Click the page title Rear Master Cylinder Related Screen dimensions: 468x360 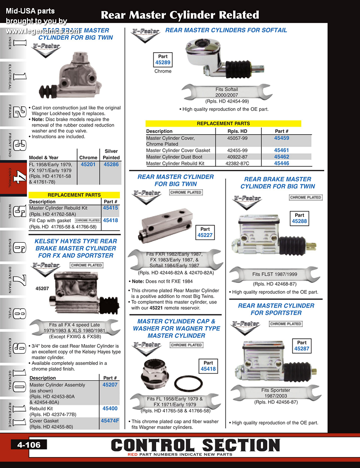pyautogui.click(x=180, y=15)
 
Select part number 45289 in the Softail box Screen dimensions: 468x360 pyautogui.click(x=163, y=63)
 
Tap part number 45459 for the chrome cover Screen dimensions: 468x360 pyautogui.click(x=282, y=138)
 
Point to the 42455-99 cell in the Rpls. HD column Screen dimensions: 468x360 pyautogui.click(x=237, y=150)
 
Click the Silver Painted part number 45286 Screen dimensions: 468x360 pyautogui.click(x=111, y=165)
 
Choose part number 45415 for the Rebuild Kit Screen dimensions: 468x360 pyautogui.click(x=110, y=208)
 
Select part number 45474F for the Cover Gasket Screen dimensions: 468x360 pyautogui.click(x=110, y=421)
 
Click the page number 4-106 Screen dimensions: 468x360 pyautogui.click(x=29, y=445)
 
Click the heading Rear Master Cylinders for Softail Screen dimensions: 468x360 pyautogui.click(x=226, y=30)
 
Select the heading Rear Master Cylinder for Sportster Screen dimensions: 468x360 pyautogui.click(x=276, y=309)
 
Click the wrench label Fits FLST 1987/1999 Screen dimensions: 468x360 pyautogui.click(x=274, y=274)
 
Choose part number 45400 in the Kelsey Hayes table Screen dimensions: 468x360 pyautogui.click(x=110, y=409)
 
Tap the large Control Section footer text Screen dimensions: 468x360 pyautogui.click(x=195, y=445)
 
